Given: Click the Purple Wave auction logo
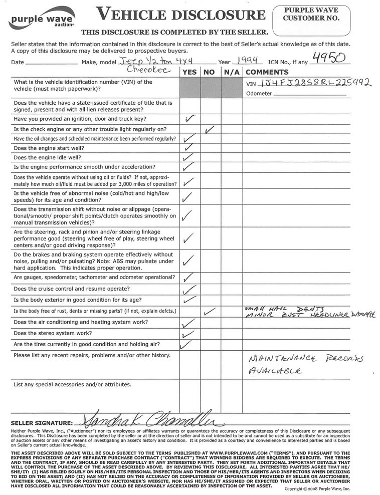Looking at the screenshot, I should (x=42, y=18).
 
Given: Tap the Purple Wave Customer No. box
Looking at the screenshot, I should (x=310, y=19).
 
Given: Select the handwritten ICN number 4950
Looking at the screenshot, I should (x=328, y=58).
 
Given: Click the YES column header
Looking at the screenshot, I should (x=189, y=72).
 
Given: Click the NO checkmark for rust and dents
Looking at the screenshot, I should (x=210, y=311).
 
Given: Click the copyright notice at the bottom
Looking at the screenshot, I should (x=317, y=489).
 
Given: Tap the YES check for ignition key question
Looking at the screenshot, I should (x=189, y=119).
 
